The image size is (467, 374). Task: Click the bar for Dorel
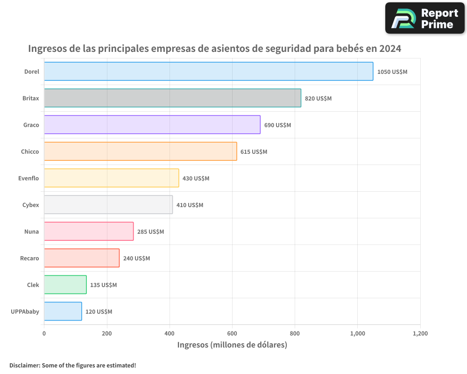(x=208, y=72)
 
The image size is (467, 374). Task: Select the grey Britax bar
(x=172, y=98)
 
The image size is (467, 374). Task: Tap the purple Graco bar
(x=152, y=125)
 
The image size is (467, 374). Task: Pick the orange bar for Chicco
(x=140, y=151)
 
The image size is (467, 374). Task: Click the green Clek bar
(x=65, y=285)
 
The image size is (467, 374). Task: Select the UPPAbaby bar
(x=63, y=311)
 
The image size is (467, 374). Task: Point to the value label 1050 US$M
(x=392, y=72)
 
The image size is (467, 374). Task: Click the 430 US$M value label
(x=196, y=179)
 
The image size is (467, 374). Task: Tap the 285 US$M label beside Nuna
(x=150, y=232)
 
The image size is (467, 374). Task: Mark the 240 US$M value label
(x=136, y=259)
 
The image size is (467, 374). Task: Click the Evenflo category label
(x=29, y=178)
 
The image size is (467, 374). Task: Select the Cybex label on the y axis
(x=31, y=205)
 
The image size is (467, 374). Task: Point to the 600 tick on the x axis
(x=232, y=334)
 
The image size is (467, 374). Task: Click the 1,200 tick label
(x=420, y=334)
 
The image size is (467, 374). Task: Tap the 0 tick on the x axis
(x=44, y=334)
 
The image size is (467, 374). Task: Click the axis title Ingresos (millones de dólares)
(x=232, y=345)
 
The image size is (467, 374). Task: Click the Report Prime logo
(x=425, y=18)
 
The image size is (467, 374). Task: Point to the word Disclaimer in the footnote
(x=24, y=366)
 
